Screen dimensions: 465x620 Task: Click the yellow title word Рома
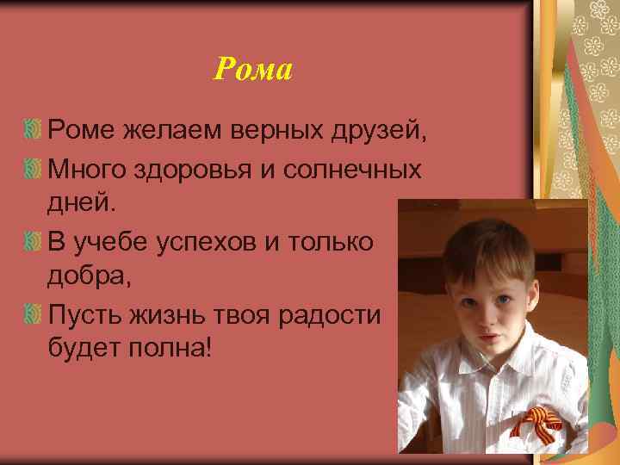[253, 69]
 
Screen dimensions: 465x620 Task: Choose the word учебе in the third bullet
[104, 242]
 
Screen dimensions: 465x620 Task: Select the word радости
[330, 315]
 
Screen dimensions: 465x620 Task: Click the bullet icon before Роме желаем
[34, 131]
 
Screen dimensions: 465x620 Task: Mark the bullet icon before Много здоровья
[34, 168]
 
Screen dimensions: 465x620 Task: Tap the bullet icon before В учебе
[34, 241]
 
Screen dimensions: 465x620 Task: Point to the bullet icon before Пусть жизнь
[34, 314]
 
